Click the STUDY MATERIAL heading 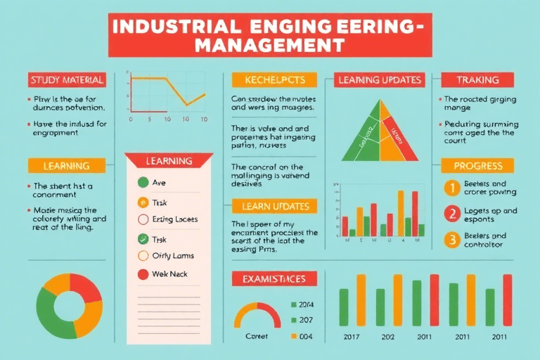(x=67, y=80)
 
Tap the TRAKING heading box (x=477, y=80)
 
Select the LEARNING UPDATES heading (x=380, y=80)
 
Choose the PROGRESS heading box (x=477, y=166)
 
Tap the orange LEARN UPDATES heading (x=274, y=207)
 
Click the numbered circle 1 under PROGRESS (x=452, y=188)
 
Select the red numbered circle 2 (x=452, y=214)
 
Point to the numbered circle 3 (x=452, y=240)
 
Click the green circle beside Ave (x=143, y=183)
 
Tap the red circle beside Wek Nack (x=143, y=274)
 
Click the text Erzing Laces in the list (x=175, y=219)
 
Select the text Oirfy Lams (x=173, y=256)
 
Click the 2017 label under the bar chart (x=352, y=337)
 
